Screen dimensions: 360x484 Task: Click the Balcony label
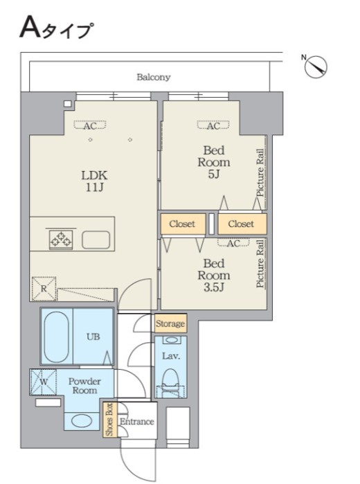pos(154,77)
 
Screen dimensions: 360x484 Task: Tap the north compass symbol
pos(316,66)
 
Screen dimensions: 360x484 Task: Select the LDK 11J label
pos(94,181)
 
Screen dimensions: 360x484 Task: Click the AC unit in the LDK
pos(90,125)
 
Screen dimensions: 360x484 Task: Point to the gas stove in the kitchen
pos(61,239)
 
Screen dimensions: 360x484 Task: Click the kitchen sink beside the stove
pos(96,240)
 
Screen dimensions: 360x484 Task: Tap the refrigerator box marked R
pos(44,289)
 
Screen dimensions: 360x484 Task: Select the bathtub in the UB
pos(56,337)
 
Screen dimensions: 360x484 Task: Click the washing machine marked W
pos(44,382)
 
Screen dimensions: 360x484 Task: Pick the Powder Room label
pos(84,386)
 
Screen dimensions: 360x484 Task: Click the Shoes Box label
pos(109,420)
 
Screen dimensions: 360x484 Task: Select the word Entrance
pos(137,422)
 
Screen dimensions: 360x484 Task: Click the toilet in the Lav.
pos(171,379)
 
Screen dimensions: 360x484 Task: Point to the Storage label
pos(170,323)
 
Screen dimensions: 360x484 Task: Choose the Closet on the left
pos(183,224)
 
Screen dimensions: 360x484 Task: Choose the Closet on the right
pos(242,224)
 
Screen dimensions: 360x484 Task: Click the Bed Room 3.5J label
pos(214,276)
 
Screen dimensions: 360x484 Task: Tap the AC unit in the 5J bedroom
pos(213,125)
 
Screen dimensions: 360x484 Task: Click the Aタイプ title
pos(56,28)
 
